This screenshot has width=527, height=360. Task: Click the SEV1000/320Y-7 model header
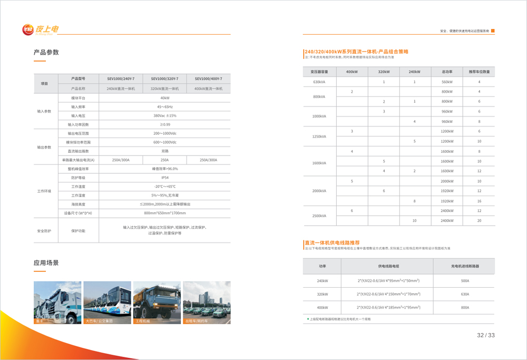165,79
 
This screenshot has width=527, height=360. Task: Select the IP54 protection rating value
165,178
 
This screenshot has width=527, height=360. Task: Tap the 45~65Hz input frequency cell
165,106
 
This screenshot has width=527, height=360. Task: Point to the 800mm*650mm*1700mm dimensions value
165,213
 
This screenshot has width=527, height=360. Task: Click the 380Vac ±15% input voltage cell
165,115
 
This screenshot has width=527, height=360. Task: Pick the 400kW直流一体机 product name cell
208,89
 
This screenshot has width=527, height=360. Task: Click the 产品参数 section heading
46,52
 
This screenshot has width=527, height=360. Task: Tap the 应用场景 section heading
46,262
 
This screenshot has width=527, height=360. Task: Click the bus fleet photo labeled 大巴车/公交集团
107,302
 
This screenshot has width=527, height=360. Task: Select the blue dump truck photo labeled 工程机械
157,302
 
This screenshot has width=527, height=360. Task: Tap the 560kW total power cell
447,82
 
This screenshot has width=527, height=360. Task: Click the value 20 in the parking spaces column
479,220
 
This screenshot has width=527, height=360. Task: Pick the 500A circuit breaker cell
465,281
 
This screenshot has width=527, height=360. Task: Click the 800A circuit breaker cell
465,307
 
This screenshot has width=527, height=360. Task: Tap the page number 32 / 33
485,335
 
